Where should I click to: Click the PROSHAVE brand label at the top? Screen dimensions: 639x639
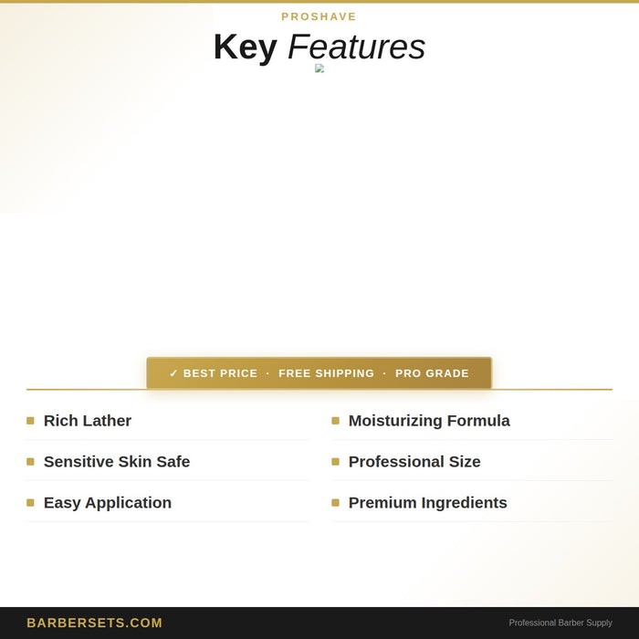point(319,16)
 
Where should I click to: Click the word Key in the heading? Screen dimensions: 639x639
point(246,47)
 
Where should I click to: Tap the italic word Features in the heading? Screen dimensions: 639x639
point(357,47)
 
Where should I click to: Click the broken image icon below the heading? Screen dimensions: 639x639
point(319,68)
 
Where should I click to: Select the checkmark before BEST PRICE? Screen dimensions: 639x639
point(173,373)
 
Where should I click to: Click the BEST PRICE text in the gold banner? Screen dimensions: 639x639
point(221,373)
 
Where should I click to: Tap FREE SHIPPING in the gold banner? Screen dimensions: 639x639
point(327,373)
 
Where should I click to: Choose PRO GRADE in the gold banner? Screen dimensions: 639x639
point(432,373)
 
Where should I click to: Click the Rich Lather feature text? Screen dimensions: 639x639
point(88,421)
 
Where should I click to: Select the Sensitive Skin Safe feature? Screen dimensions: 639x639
point(117,462)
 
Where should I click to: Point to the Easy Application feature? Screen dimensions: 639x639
point(108,503)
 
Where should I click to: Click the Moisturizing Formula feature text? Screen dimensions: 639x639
point(429,421)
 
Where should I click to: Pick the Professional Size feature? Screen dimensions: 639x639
point(414,462)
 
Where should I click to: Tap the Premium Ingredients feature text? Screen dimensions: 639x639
point(428,503)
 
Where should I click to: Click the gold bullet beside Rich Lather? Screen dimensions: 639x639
point(30,421)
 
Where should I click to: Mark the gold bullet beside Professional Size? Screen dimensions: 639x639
point(335,462)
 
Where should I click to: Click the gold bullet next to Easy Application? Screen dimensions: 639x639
point(30,503)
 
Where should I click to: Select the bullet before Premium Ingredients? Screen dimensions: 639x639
point(335,503)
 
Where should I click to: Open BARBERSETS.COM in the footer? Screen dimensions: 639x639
point(95,623)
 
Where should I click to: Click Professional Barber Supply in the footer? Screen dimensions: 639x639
point(560,623)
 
